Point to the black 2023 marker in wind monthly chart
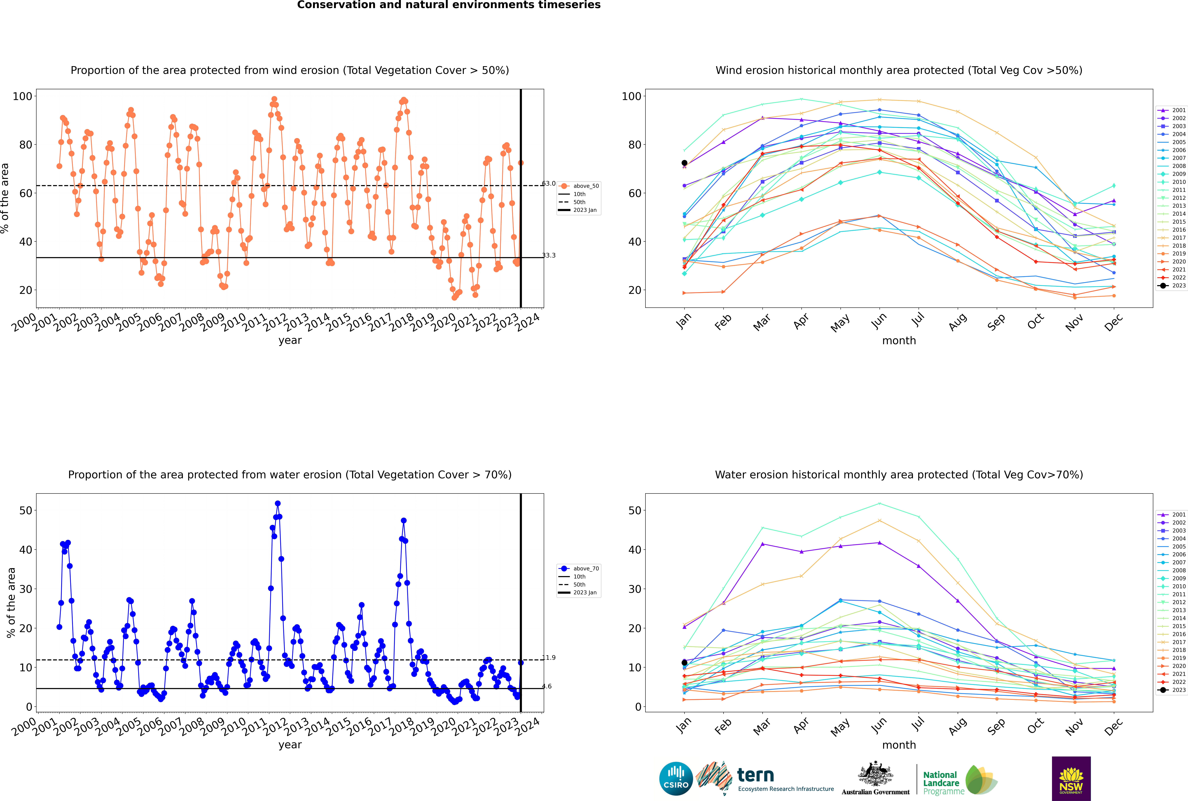pos(684,163)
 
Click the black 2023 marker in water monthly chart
pos(684,663)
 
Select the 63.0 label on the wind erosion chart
pos(549,183)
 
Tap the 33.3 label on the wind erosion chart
pos(549,255)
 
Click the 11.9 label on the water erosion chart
pos(549,657)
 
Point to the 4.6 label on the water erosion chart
pos(547,686)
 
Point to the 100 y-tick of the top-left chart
pos(22,96)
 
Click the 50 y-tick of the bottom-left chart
pos(25,510)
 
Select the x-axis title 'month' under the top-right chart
pos(899,341)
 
